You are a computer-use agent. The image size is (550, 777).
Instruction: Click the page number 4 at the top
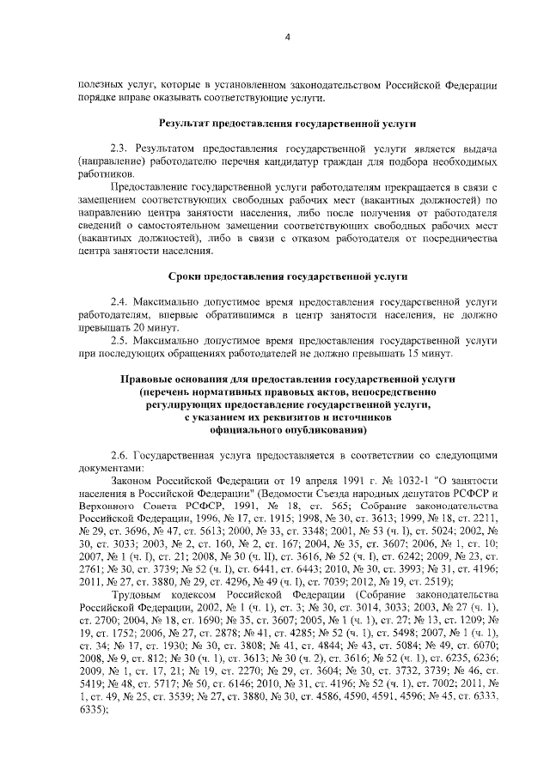pyautogui.click(x=288, y=36)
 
